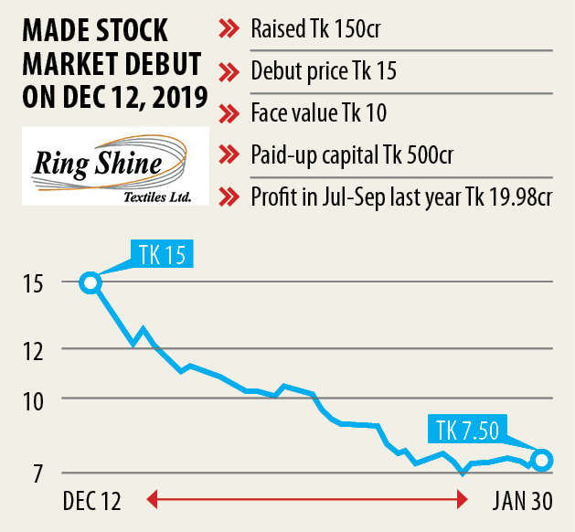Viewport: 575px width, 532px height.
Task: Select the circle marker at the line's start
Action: (x=90, y=282)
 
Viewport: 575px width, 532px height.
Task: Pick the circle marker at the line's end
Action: (x=541, y=460)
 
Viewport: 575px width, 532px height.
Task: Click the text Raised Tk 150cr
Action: (x=315, y=30)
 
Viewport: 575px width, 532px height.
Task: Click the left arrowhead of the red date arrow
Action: (x=153, y=500)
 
